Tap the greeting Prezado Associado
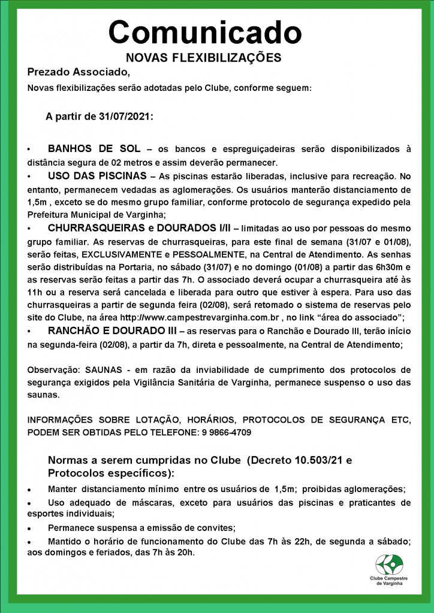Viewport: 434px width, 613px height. point(78,72)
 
